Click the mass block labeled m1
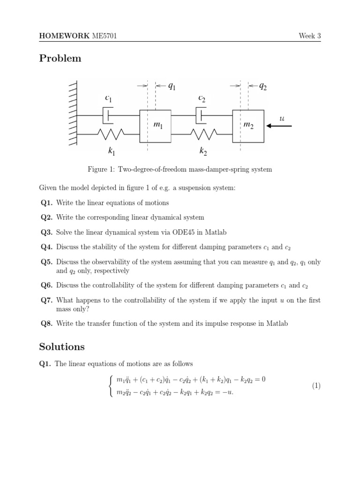click(x=155, y=126)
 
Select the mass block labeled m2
click(x=248, y=126)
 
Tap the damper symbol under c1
click(x=108, y=115)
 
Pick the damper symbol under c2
click(x=201, y=115)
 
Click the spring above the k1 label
click(x=111, y=135)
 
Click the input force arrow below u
click(x=279, y=126)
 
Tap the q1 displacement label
click(x=172, y=86)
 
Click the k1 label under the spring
click(x=111, y=151)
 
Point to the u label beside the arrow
click(x=282, y=119)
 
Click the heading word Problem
click(x=60, y=59)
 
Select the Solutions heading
click(x=62, y=347)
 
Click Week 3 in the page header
click(x=310, y=37)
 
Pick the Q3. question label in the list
click(x=47, y=232)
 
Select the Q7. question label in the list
click(x=47, y=300)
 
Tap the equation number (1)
click(x=316, y=386)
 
